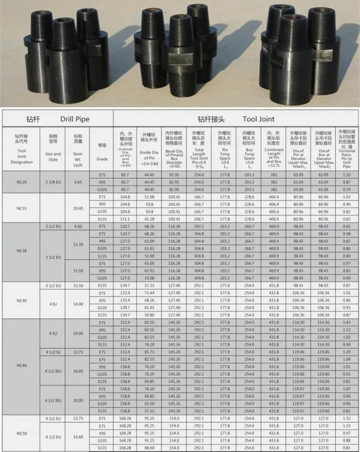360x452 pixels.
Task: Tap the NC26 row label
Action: point(22,182)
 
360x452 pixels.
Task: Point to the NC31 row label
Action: point(22,208)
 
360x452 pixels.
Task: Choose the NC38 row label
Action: point(22,251)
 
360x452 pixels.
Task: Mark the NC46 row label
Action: point(22,365)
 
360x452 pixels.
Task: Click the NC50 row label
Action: point(22,432)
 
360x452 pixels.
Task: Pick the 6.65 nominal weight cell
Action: point(77,182)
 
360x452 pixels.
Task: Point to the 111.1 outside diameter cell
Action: point(125,220)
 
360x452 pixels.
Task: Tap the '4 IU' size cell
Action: point(53,304)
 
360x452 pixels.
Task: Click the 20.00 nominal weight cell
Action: point(77,400)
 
